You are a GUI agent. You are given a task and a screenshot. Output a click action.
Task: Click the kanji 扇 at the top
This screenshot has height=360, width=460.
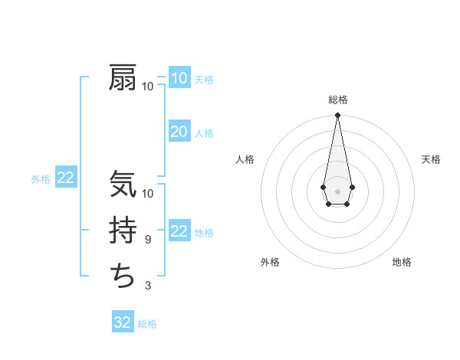click(123, 77)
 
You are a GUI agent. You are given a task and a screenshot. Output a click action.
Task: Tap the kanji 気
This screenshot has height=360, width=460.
click(123, 185)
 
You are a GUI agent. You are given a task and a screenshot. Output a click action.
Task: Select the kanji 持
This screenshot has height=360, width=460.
click(123, 231)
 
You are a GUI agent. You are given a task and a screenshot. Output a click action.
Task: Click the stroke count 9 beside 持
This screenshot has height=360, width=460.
click(148, 240)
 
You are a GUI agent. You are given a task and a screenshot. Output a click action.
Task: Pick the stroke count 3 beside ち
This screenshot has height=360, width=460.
click(148, 286)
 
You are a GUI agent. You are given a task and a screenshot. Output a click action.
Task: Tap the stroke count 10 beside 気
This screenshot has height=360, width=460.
click(148, 194)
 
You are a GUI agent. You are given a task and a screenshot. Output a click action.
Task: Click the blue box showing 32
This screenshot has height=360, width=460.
click(123, 322)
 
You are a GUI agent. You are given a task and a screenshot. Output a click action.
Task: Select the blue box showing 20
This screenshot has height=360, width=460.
click(179, 132)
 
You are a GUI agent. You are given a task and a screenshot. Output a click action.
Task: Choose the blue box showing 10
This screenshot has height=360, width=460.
click(179, 78)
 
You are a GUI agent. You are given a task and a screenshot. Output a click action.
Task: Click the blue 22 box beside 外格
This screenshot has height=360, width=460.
click(66, 178)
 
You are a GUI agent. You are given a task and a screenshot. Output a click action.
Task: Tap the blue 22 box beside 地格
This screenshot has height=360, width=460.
click(179, 231)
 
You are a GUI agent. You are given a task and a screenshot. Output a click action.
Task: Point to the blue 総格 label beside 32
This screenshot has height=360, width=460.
click(147, 324)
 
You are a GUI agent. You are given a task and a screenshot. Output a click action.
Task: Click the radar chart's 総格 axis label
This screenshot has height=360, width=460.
click(337, 100)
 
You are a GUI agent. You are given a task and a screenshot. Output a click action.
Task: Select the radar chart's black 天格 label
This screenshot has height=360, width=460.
click(431, 159)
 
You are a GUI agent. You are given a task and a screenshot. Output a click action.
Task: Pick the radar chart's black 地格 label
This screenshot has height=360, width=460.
click(402, 262)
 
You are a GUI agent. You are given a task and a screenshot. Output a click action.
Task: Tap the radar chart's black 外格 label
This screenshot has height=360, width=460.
click(270, 262)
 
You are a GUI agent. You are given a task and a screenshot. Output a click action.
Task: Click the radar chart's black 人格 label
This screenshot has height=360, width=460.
click(245, 159)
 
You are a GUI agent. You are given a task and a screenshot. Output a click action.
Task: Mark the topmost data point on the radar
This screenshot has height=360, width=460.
click(337, 115)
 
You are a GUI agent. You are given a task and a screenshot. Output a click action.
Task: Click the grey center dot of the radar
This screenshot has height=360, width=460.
click(337, 191)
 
